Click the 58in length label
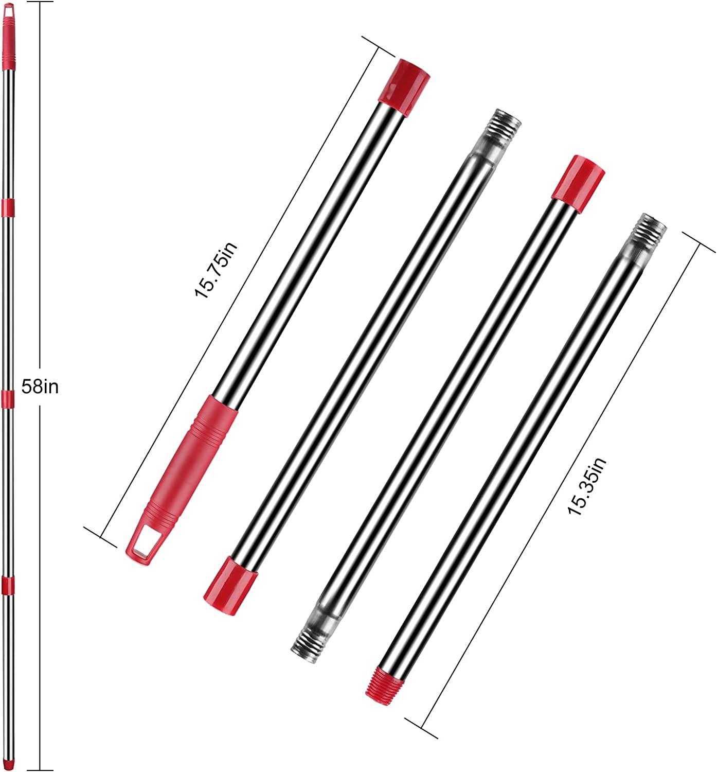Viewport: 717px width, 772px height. [40, 387]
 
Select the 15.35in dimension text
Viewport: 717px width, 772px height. [587, 486]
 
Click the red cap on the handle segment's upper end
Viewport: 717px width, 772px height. [404, 82]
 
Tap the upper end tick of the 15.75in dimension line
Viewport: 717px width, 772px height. [378, 46]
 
